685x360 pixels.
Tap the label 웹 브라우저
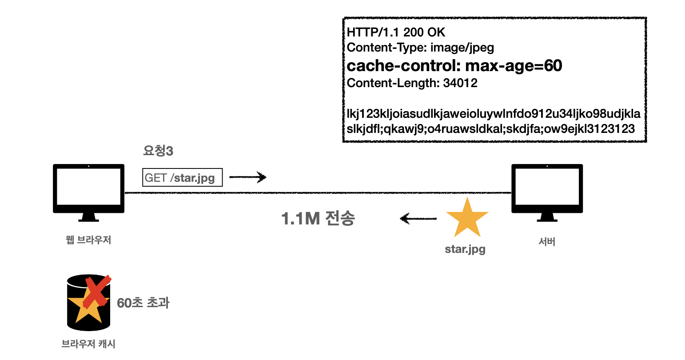88,240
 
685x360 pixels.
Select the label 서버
547,242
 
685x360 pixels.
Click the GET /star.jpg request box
182,178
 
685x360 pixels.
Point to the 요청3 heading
158,151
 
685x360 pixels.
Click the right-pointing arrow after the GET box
248,177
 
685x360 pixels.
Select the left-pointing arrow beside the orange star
418,218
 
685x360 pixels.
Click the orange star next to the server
467,218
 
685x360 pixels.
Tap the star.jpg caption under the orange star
465,249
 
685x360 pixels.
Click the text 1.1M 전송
318,219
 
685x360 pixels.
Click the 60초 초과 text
143,303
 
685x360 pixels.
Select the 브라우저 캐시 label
88,344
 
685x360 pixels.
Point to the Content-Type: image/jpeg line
420,48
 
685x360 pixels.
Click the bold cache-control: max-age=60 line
454,66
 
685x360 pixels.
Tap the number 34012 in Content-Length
460,83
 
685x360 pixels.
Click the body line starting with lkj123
494,114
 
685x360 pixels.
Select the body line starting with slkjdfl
490,129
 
